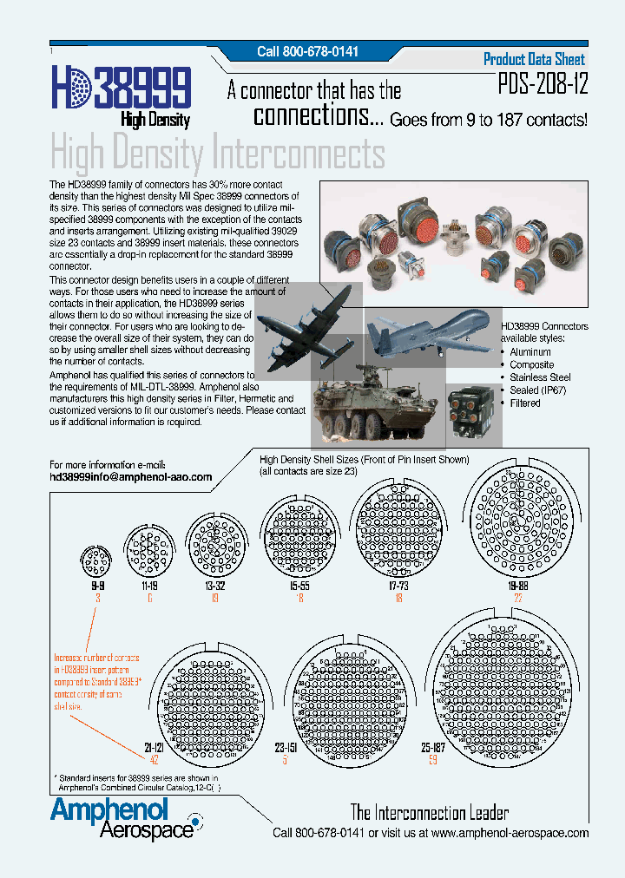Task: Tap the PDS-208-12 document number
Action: (x=542, y=85)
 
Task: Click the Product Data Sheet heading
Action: (x=534, y=59)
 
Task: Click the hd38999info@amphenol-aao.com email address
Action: (x=131, y=477)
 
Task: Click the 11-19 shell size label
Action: (x=149, y=586)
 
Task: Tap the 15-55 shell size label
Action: (x=299, y=586)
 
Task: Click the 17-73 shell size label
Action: (x=398, y=586)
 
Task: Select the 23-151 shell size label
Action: (x=286, y=747)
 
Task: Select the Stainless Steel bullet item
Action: (x=540, y=377)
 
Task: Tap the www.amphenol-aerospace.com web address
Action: (x=510, y=833)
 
